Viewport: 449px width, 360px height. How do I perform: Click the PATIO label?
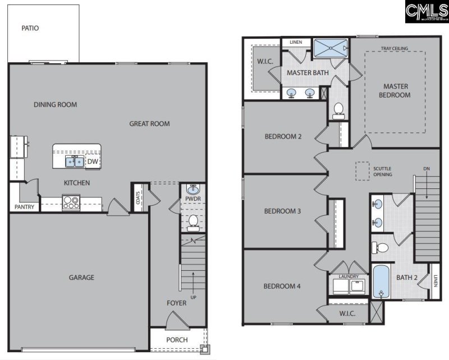(30, 28)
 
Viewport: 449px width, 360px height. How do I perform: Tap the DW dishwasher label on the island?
(93, 162)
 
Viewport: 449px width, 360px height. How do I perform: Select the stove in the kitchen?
(71, 202)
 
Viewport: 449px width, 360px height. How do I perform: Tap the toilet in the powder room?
(193, 223)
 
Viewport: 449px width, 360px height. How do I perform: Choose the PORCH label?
(177, 340)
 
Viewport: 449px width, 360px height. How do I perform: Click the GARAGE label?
(81, 277)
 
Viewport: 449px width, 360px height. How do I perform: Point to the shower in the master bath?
(331, 48)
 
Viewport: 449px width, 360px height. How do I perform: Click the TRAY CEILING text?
(394, 49)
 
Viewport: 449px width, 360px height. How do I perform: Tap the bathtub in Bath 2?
(381, 282)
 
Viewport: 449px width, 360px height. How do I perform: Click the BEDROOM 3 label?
(283, 211)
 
